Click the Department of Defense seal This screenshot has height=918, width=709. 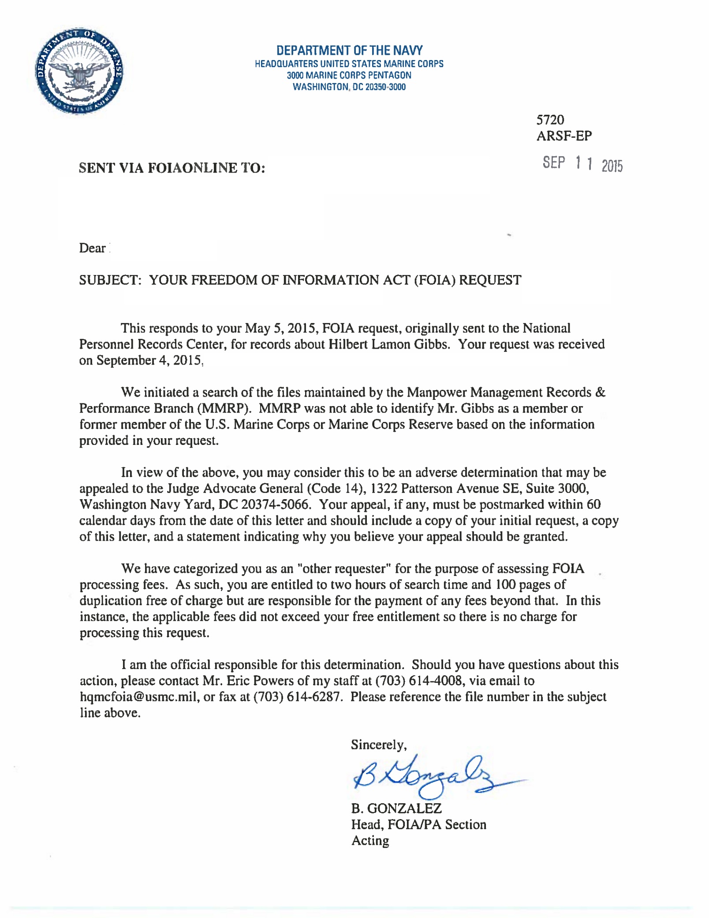pyautogui.click(x=79, y=71)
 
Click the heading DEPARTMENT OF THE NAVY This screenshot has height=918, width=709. pyautogui.click(x=349, y=50)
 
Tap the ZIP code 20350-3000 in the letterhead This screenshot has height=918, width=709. pyautogui.click(x=385, y=87)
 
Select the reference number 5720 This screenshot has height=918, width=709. pyautogui.click(x=550, y=120)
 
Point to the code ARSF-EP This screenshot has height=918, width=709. pyautogui.click(x=564, y=136)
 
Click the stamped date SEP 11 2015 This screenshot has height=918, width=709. pyautogui.click(x=582, y=164)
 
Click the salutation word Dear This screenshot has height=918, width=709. pyautogui.click(x=92, y=248)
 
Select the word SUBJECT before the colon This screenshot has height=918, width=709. pyautogui.click(x=108, y=280)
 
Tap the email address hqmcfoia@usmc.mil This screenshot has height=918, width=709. pyautogui.click(x=138, y=697)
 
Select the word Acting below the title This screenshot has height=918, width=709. pyautogui.click(x=370, y=841)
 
